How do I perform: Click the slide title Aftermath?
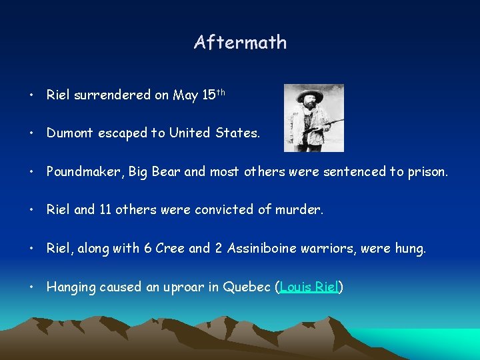[240, 43]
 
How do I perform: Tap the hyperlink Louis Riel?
[310, 287]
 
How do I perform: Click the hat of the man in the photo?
[310, 92]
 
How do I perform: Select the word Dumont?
[70, 133]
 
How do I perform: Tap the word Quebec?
[247, 287]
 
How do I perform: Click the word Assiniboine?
[263, 249]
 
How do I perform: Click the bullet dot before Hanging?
[32, 287]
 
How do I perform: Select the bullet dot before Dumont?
[32, 133]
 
